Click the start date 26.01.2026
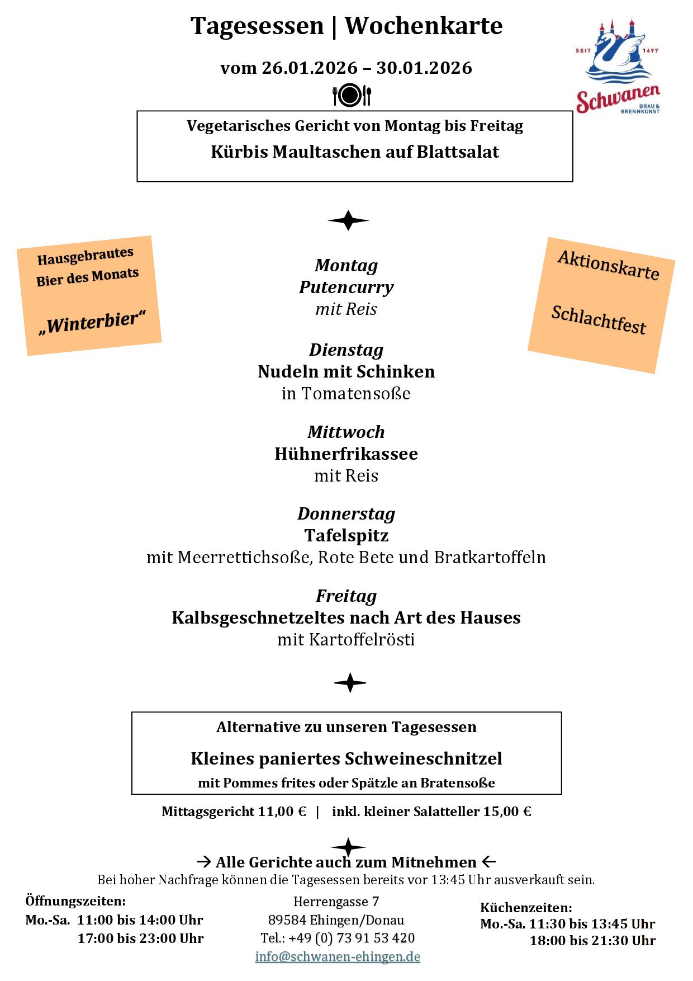pos(310,68)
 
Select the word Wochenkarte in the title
pos(424,26)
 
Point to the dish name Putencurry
pos(346,287)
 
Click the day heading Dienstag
pos(346,350)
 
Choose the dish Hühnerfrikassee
pos(346,454)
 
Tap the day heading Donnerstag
pos(346,513)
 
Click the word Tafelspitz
pos(346,535)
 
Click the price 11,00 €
pos(282,812)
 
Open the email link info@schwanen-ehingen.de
pos(338,956)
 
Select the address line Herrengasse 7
pos(336,902)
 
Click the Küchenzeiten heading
pos(526,908)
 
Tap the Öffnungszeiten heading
pos(75,901)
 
